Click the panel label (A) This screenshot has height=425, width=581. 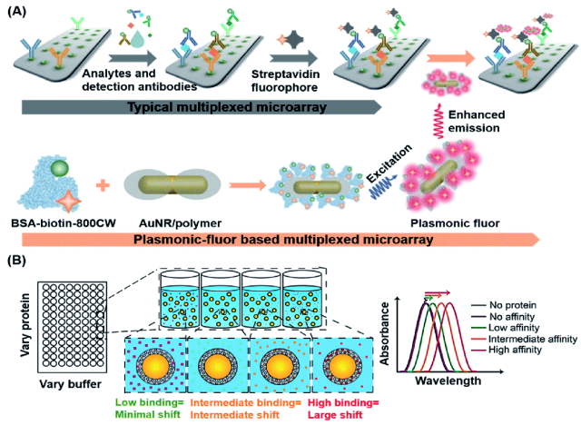(x=17, y=10)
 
